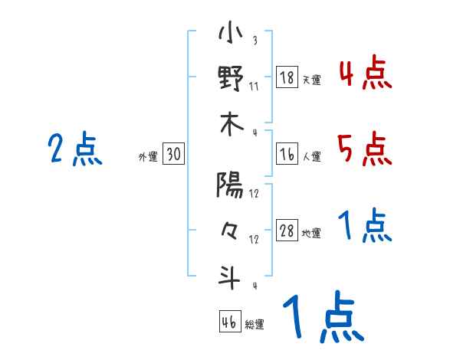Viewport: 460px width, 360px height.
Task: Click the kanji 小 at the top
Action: (x=230, y=34)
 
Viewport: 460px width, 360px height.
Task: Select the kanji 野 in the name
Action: (x=230, y=79)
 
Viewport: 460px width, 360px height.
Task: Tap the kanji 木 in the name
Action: (x=230, y=124)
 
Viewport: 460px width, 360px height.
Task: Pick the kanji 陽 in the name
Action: (x=230, y=185)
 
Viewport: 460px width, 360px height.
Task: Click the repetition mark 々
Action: (x=230, y=230)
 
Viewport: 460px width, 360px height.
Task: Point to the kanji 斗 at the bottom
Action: (x=230, y=276)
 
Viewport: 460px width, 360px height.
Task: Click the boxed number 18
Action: (x=287, y=77)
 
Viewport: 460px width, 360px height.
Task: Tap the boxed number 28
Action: (x=287, y=232)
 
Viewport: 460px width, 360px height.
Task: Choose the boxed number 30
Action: (x=173, y=155)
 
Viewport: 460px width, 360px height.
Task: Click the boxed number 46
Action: (x=229, y=322)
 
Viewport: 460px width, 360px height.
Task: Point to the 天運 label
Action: (x=311, y=80)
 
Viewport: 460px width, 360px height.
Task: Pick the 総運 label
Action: (x=255, y=325)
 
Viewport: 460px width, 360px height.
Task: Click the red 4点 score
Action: (x=364, y=74)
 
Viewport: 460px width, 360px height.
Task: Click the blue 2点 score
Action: (x=75, y=149)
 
